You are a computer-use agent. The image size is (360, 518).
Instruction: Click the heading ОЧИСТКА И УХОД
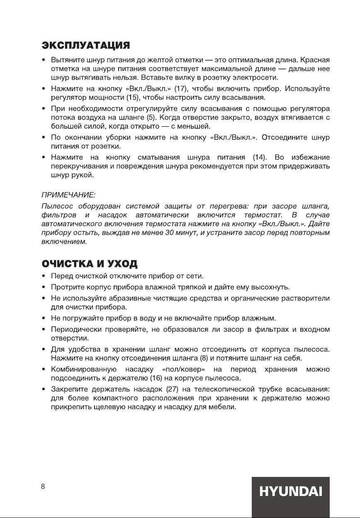point(90,264)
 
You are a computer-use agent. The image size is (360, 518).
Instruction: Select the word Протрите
point(66,287)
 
